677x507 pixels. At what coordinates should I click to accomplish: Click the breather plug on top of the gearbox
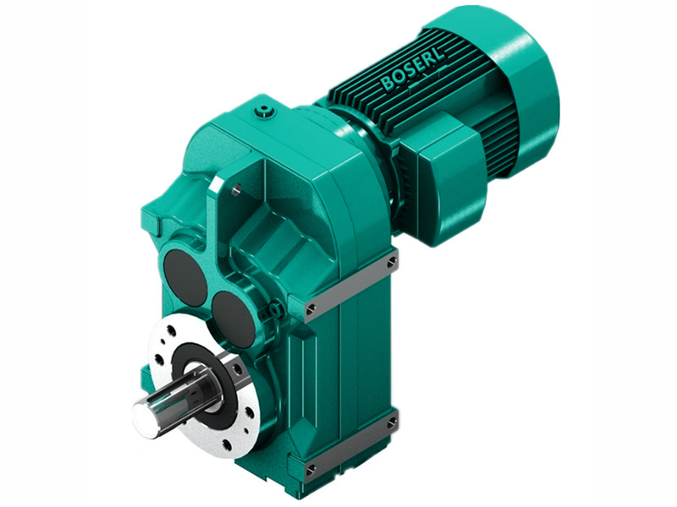pos(268,109)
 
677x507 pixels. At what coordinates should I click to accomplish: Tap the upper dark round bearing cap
pos(184,275)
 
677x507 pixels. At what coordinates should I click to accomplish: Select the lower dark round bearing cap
pos(233,319)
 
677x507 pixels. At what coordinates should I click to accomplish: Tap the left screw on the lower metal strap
pos(311,468)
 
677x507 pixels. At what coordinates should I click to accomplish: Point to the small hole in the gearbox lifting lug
pos(237,190)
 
